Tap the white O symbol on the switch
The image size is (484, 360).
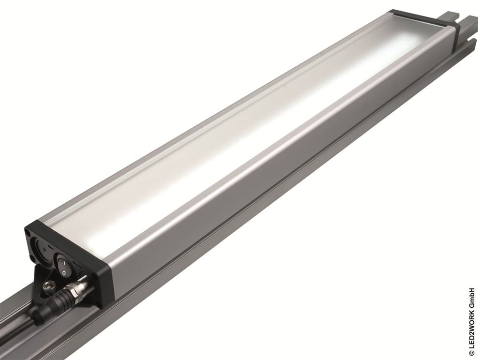click(63, 273)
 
